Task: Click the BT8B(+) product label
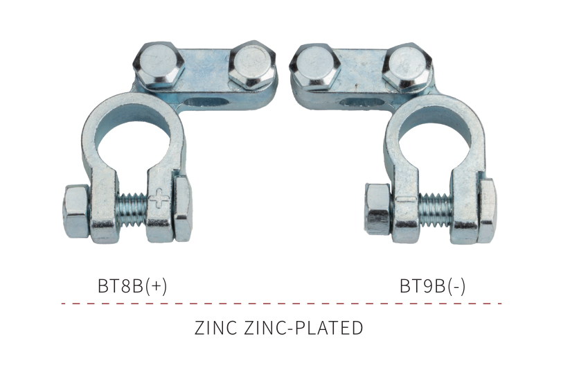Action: point(132,286)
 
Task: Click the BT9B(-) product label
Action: point(432,286)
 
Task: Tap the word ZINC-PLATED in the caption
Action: point(303,328)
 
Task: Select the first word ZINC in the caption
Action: point(215,328)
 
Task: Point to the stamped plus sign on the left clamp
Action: point(159,199)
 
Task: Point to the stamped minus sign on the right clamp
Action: point(406,200)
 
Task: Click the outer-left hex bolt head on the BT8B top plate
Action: point(159,64)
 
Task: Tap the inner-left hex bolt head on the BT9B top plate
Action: point(314,67)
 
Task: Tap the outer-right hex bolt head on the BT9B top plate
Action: point(407,68)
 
